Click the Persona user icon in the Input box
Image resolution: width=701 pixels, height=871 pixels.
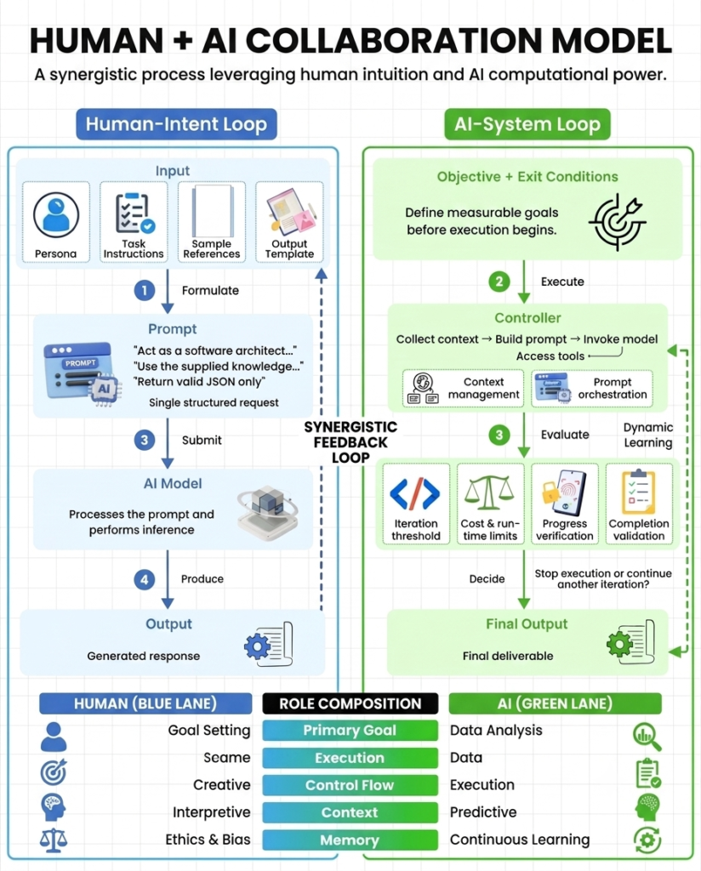[55, 215]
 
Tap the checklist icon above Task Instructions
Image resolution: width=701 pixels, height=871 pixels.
[134, 213]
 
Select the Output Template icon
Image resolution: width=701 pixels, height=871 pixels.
[290, 212]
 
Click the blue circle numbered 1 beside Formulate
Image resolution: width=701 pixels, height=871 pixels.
[145, 290]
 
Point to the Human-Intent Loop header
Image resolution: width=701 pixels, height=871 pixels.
[176, 124]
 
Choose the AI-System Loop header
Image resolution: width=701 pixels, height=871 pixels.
[527, 124]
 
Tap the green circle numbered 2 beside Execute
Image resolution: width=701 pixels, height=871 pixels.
[499, 282]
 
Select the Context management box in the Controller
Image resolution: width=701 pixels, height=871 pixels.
[463, 388]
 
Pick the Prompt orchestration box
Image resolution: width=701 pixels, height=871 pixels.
[591, 388]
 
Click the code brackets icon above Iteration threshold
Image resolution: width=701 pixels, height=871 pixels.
[415, 493]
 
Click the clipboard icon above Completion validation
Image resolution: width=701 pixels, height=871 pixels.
[639, 492]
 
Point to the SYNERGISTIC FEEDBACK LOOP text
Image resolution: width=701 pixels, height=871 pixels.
[350, 442]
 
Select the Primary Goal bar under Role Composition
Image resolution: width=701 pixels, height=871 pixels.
[350, 731]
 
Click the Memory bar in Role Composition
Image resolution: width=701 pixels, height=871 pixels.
[350, 840]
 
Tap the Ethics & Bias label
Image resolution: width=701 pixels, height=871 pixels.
[208, 840]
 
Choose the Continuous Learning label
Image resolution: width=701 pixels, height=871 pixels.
[520, 840]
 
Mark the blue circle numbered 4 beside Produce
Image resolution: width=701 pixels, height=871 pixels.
[145, 579]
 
